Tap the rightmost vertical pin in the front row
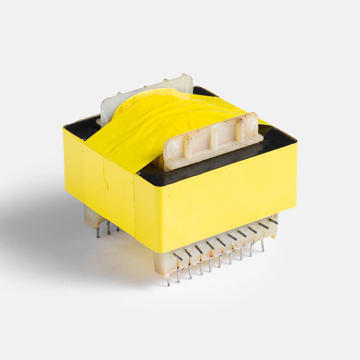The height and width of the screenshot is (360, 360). click(x=262, y=245)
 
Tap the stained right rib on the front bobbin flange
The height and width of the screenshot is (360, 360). click(x=240, y=131)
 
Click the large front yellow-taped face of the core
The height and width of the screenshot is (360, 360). click(x=215, y=201)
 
